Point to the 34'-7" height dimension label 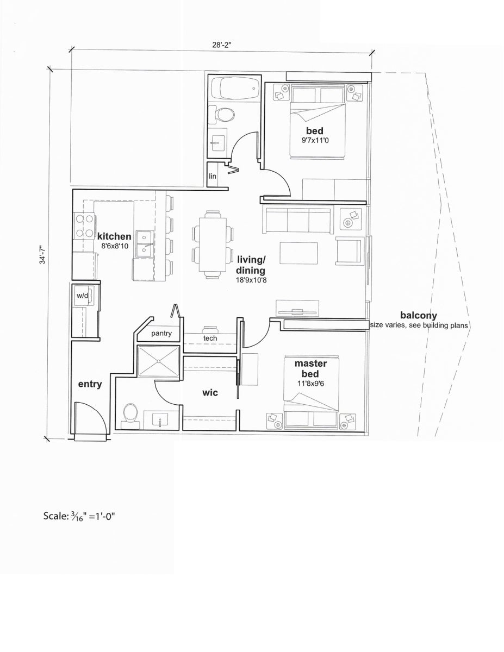pos(42,255)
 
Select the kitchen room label pos(114,236)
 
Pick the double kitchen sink pos(145,244)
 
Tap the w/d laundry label pos(82,296)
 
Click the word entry pos(90,384)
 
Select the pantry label pos(161,334)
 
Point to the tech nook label pos(210,338)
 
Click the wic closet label pos(210,392)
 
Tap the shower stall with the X pos(158,361)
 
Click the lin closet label pos(212,176)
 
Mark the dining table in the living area pos(213,244)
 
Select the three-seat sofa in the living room pos(298,220)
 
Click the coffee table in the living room pos(298,253)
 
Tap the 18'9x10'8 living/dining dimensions pos(251,280)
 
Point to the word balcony pos(419,316)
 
